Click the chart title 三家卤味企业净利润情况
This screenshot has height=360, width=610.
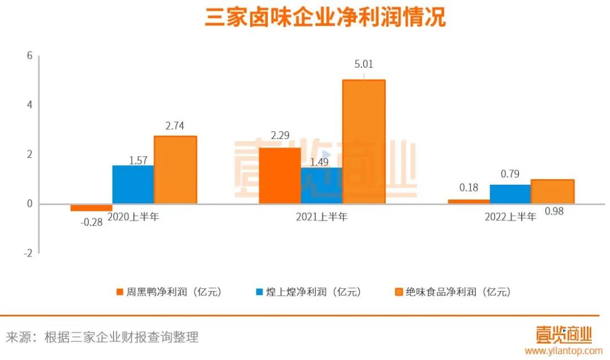tap(325, 17)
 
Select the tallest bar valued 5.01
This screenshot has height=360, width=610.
tap(364, 141)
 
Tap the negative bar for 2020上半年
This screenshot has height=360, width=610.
tap(91, 207)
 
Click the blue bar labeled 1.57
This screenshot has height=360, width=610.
tap(133, 184)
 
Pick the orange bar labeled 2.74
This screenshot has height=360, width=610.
tap(175, 170)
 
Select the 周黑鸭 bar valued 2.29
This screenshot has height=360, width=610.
tap(280, 175)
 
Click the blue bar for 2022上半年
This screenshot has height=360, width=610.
tap(510, 194)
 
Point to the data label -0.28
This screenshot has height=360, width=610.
tap(91, 222)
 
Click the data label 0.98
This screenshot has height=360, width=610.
tap(554, 211)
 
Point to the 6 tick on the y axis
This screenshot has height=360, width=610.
tap(29, 55)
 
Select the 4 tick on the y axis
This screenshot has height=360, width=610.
tap(29, 105)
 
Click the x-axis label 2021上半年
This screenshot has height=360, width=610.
tap(322, 216)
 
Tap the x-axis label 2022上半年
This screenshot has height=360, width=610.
tap(510, 216)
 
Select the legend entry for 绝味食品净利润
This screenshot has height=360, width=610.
tap(452, 292)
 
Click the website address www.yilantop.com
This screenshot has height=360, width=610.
tap(563, 351)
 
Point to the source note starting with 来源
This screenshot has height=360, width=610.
tap(102, 337)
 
